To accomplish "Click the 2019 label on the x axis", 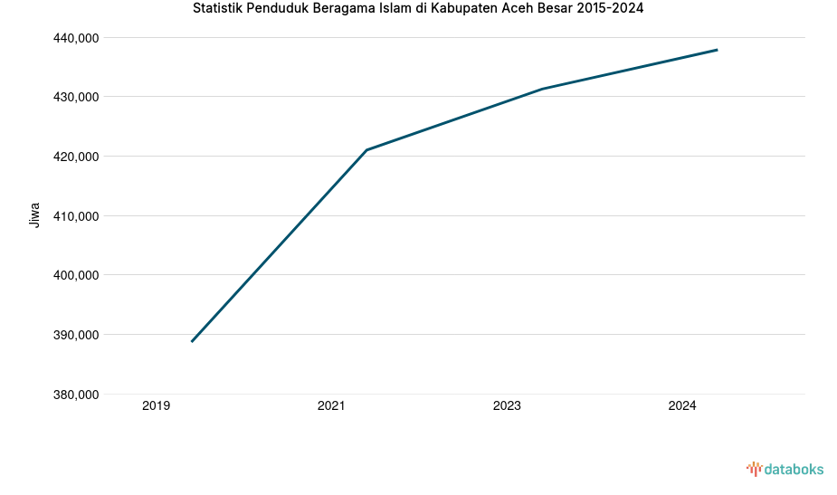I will coord(157,406).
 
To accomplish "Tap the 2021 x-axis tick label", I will coord(331,406).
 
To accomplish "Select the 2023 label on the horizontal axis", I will coord(507,406).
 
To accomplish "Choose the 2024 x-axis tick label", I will coord(682,406).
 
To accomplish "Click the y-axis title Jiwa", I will coord(34,215).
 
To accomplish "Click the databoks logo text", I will coord(794,469).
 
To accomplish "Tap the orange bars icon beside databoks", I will coord(754,469).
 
